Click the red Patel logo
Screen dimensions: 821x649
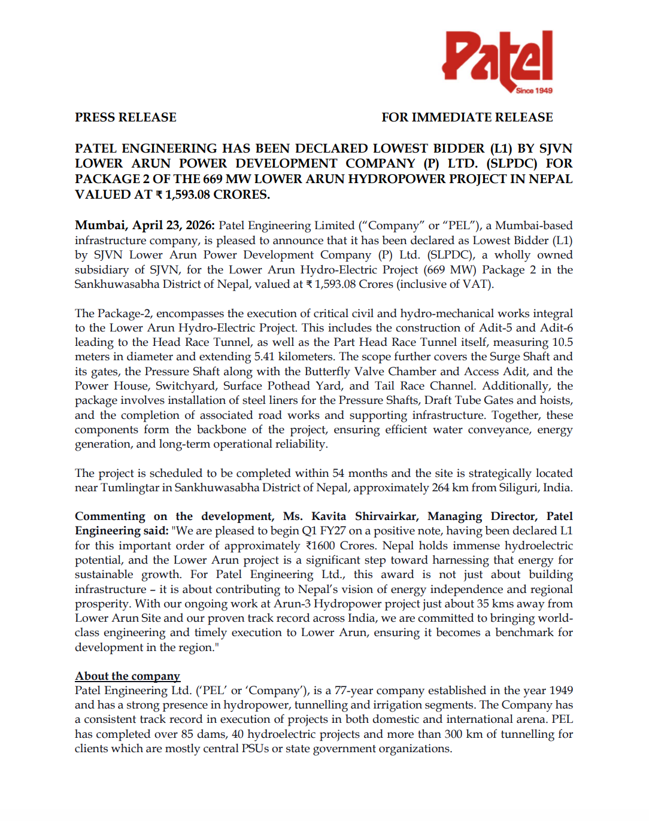[497, 59]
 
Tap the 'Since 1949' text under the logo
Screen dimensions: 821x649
[534, 91]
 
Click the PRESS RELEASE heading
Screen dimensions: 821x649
[126, 117]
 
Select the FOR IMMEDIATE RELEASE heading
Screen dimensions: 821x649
[467, 117]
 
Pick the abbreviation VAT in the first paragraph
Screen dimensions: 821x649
[476, 284]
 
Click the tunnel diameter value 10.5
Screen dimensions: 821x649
[562, 342]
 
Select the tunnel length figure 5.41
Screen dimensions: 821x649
[264, 357]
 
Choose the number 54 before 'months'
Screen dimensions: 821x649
[338, 473]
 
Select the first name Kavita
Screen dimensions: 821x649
[328, 516]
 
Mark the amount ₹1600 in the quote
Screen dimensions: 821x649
[320, 546]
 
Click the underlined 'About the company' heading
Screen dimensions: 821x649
[128, 676]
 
